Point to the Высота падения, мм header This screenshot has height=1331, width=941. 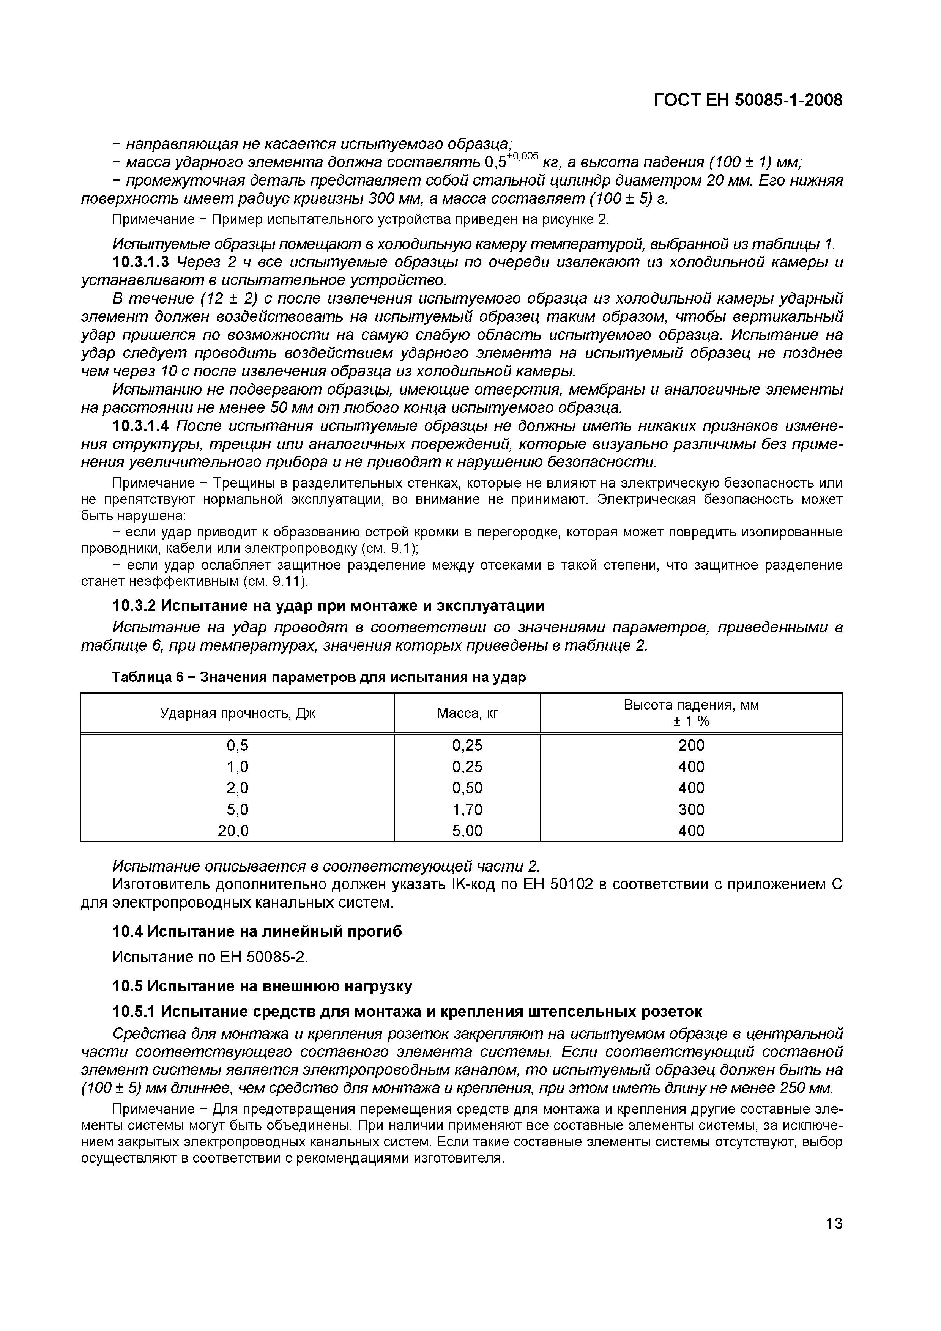691,705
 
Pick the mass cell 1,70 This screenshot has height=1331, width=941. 467,809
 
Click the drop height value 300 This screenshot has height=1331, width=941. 691,809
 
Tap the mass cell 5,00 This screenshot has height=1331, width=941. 467,831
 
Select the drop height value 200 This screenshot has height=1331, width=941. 691,746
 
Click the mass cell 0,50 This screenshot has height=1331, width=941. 467,788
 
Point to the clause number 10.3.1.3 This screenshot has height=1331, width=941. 141,262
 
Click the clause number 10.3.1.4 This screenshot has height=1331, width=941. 141,426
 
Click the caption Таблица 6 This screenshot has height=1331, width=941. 148,677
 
